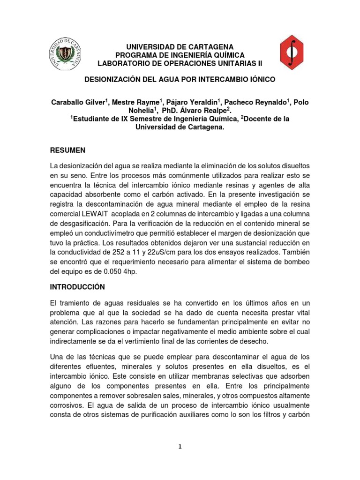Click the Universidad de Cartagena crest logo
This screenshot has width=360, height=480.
pyautogui.click(x=67, y=55)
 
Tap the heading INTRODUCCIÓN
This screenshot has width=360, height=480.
pyautogui.click(x=78, y=286)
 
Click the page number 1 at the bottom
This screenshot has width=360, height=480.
pyautogui.click(x=180, y=447)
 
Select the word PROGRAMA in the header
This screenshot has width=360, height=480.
pyautogui.click(x=132, y=55)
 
